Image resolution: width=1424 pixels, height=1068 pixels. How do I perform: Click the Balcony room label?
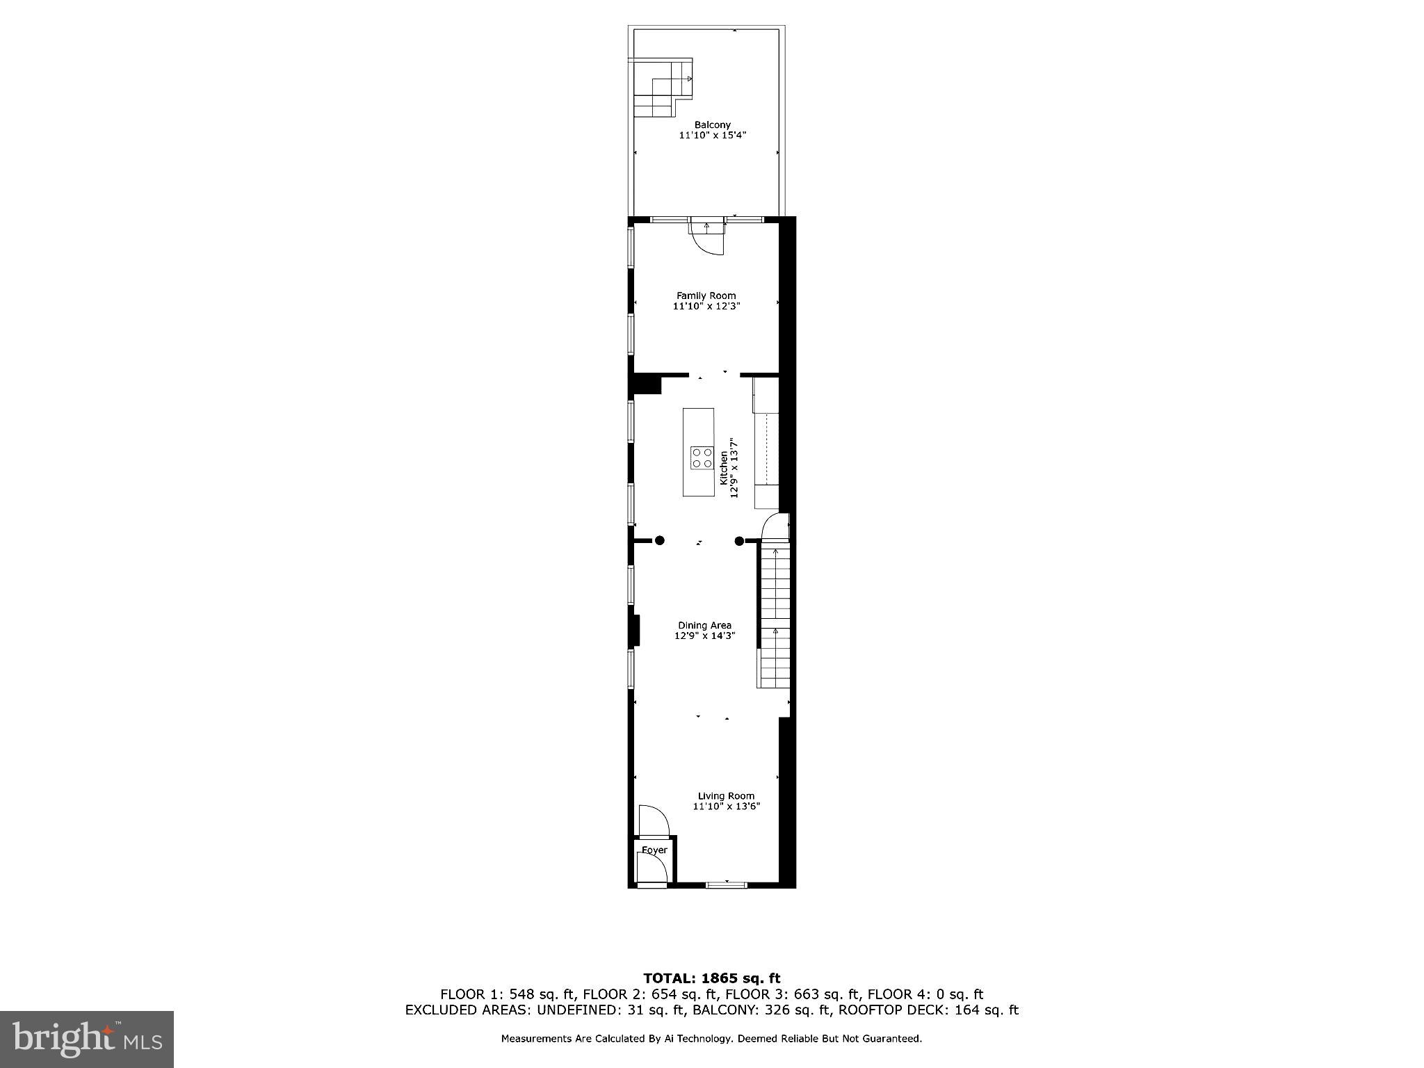pyautogui.click(x=712, y=125)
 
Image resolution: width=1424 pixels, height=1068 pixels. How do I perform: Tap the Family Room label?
pyautogui.click(x=706, y=296)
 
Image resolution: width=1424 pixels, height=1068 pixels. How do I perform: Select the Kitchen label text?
pyautogui.click(x=724, y=467)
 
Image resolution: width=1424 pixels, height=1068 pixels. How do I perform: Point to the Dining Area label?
pyautogui.click(x=704, y=625)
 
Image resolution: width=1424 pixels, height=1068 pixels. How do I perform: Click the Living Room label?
pyautogui.click(x=726, y=796)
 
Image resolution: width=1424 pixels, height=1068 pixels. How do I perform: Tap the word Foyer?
pyautogui.click(x=654, y=850)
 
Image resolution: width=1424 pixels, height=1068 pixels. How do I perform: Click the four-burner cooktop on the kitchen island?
pyautogui.click(x=702, y=458)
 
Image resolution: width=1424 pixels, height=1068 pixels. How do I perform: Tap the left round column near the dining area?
pyautogui.click(x=659, y=540)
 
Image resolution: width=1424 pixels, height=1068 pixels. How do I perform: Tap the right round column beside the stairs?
pyautogui.click(x=740, y=540)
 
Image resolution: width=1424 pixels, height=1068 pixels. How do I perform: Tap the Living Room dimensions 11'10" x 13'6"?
pyautogui.click(x=726, y=807)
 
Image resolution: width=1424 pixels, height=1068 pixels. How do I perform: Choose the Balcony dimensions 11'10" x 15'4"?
pyautogui.click(x=712, y=136)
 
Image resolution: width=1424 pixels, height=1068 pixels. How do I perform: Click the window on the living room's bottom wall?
pyautogui.click(x=727, y=884)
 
